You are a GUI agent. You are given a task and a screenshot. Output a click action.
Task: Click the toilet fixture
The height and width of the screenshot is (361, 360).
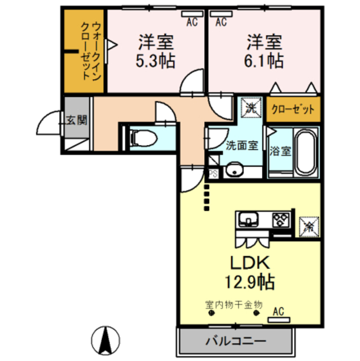click(143, 138)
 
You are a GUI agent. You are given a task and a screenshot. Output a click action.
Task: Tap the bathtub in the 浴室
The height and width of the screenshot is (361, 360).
click(305, 152)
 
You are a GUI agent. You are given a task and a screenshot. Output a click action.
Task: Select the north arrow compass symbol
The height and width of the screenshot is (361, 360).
click(105, 340)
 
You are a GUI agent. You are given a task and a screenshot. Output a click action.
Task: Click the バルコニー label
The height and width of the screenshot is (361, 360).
click(235, 341)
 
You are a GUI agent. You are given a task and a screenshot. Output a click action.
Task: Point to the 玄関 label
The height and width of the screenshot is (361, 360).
click(77, 120)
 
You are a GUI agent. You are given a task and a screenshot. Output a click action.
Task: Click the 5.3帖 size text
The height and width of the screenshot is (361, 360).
click(155, 61)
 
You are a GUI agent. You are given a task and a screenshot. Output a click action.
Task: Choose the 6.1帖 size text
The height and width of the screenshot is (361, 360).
click(264, 61)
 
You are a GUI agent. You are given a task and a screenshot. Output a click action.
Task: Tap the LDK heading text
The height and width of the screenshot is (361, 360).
click(250, 263)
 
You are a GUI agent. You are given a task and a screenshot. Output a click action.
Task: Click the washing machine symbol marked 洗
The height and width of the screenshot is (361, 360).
click(251, 108)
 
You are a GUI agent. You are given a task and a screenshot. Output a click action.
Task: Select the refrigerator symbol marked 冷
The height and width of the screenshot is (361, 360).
click(309, 227)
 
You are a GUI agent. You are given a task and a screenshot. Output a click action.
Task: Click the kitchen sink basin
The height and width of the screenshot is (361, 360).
click(248, 219)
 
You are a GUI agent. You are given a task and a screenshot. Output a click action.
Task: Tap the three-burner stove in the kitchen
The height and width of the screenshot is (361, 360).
click(281, 220)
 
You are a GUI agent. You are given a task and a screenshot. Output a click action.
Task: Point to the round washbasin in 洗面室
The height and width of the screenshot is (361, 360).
click(234, 170)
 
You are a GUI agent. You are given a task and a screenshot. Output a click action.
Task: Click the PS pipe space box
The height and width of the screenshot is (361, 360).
click(213, 174)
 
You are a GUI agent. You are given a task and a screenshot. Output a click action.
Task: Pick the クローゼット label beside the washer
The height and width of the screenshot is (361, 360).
click(293, 109)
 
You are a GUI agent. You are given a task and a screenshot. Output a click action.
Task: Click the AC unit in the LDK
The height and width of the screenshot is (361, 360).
click(279, 320)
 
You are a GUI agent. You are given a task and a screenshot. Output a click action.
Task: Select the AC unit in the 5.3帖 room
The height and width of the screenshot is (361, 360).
click(192, 14)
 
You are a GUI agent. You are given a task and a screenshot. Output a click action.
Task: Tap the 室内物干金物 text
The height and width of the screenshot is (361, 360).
click(234, 305)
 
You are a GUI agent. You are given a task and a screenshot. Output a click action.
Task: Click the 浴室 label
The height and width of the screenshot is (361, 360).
click(280, 151)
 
